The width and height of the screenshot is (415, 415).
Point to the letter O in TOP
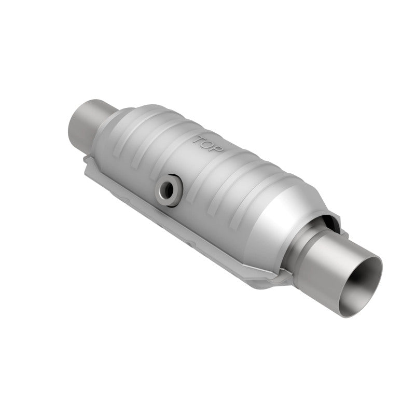(x=209, y=145)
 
